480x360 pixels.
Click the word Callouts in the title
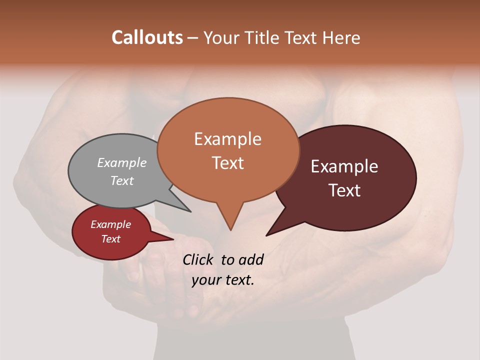pyautogui.click(x=147, y=37)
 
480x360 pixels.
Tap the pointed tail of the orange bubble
pyautogui.click(x=230, y=222)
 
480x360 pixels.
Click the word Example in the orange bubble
pyautogui.click(x=228, y=139)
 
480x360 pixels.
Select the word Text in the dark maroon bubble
pyautogui.click(x=344, y=190)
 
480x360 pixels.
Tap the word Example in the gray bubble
pyautogui.click(x=122, y=162)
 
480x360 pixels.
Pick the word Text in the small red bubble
pyautogui.click(x=111, y=239)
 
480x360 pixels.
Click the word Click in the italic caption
pyautogui.click(x=198, y=259)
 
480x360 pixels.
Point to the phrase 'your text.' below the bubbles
pyautogui.click(x=223, y=280)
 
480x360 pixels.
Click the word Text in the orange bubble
pyautogui.click(x=228, y=163)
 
